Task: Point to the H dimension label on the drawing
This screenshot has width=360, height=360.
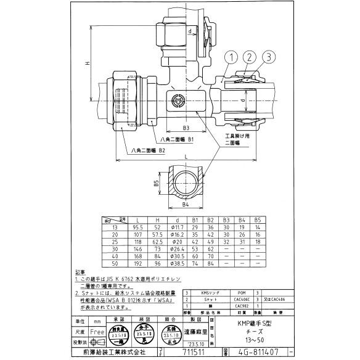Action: click(x=88, y=64)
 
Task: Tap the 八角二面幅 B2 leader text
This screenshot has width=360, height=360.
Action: click(x=148, y=150)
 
